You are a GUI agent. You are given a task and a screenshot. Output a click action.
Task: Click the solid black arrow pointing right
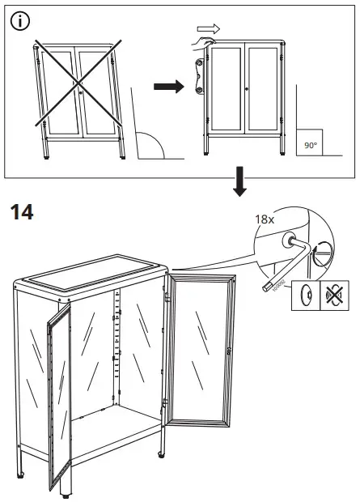pyautogui.click(x=167, y=87)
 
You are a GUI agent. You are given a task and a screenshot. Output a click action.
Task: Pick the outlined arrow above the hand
pyautogui.click(x=208, y=29)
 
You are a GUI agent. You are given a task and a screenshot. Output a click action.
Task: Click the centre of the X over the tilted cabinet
pyautogui.click(x=77, y=84)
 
